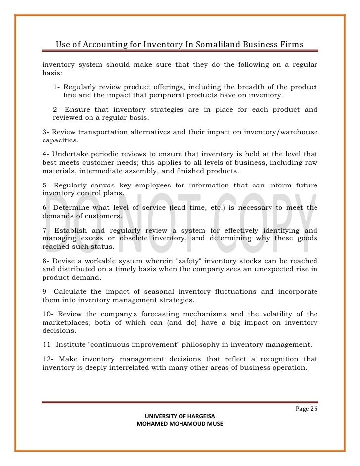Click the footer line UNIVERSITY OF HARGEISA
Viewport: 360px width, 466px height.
point(180,416)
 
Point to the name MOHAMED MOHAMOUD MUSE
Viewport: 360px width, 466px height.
point(180,424)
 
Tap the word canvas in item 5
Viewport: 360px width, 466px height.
point(104,185)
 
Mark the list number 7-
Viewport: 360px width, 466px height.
point(46,230)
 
